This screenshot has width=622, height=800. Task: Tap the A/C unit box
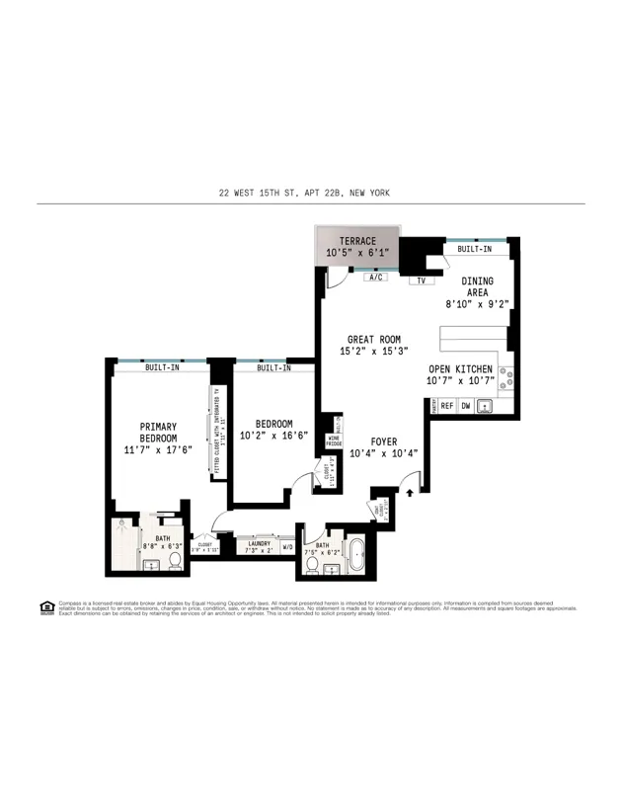[376, 278]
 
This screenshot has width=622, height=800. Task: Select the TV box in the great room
[421, 280]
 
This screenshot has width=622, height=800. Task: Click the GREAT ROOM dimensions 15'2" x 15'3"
[373, 351]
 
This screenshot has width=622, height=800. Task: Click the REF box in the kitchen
[446, 406]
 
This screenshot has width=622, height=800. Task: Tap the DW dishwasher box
[465, 406]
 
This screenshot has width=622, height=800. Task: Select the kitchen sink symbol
[485, 406]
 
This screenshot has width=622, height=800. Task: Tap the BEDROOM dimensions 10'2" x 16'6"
[275, 435]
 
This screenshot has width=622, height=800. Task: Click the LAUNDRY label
[259, 542]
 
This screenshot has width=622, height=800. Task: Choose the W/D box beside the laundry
[288, 546]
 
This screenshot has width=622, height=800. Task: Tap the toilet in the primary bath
[175, 560]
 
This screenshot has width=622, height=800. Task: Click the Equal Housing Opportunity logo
[46, 606]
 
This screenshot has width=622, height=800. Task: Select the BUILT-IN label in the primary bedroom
[162, 367]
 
